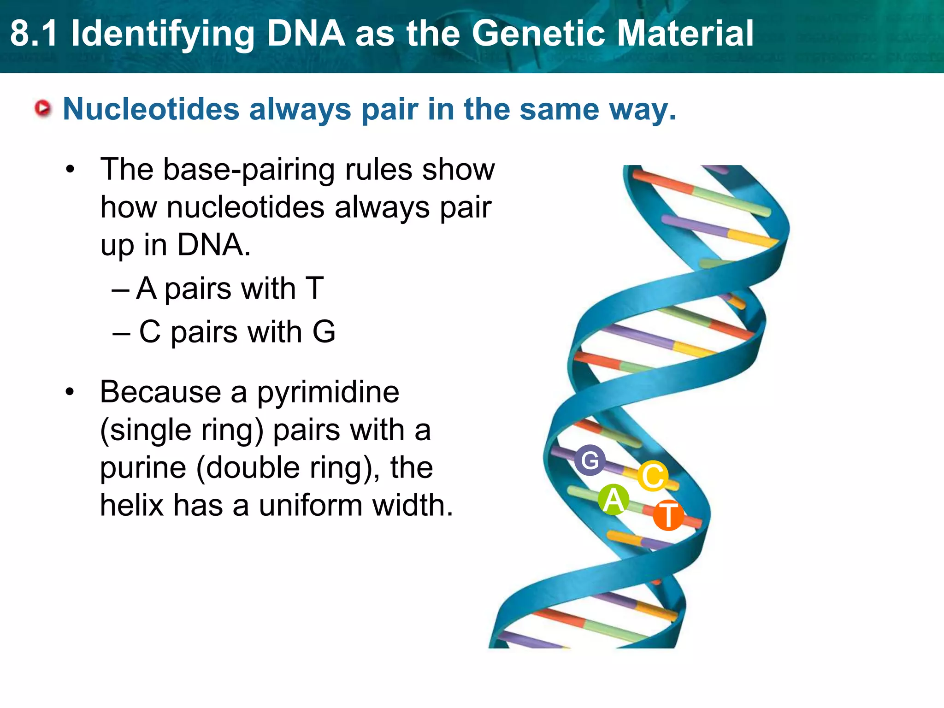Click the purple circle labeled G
(590, 460)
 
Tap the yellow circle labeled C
(653, 476)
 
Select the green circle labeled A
(614, 500)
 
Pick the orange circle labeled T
(668, 515)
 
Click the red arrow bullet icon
(43, 109)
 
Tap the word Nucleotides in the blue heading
(151, 109)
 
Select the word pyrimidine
(328, 393)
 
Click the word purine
(143, 468)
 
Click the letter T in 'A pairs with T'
(314, 289)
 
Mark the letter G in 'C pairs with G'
(324, 332)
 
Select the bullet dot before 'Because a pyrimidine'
(70, 393)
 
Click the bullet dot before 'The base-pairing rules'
(70, 170)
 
